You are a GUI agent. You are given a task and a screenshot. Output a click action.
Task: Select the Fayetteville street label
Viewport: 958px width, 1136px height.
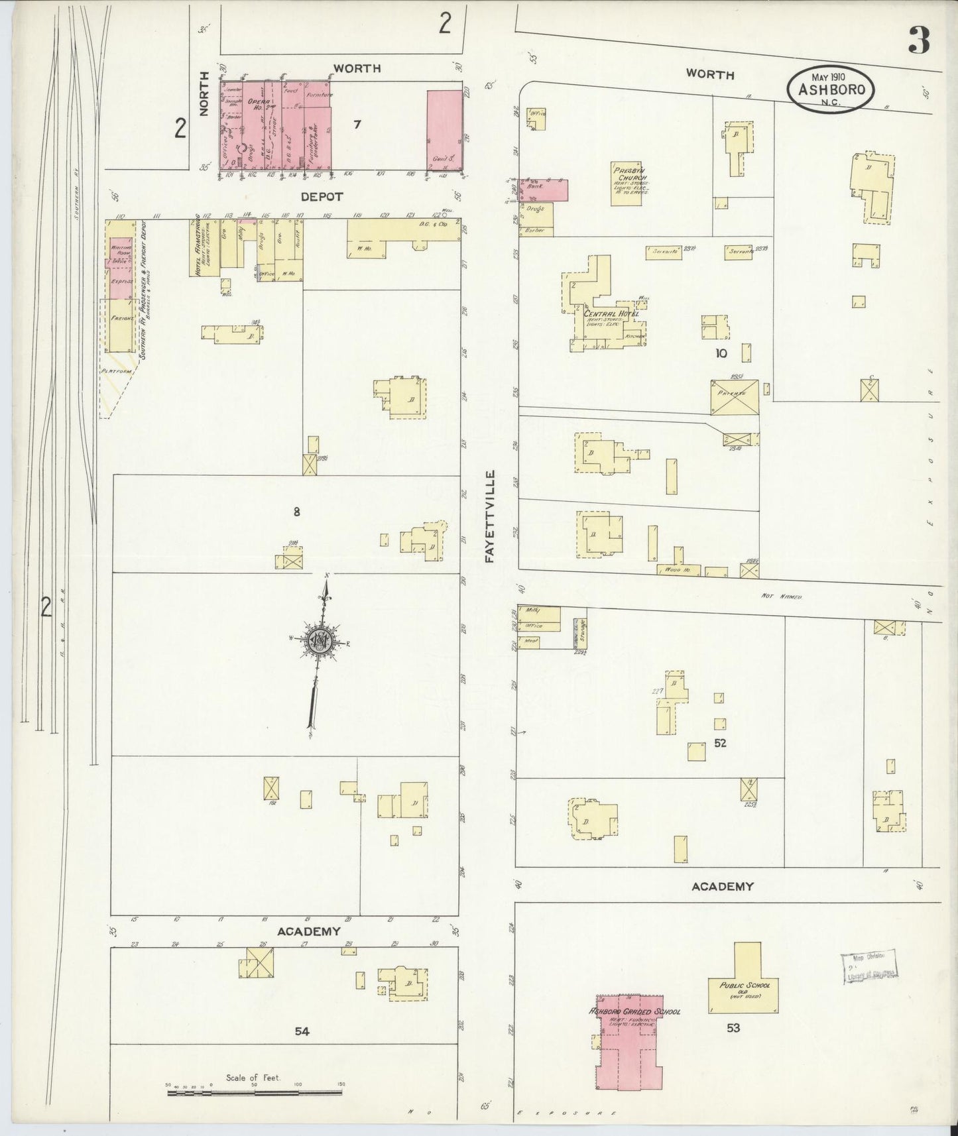[x=490, y=517]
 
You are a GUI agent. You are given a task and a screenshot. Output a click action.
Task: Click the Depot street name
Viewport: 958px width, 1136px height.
[x=322, y=196]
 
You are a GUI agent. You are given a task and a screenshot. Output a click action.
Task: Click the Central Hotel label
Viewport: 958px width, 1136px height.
[x=610, y=313]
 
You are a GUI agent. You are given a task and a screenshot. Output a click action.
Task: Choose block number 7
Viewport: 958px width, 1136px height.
[x=357, y=123]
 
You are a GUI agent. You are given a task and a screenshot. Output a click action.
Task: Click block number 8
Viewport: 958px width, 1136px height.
[x=296, y=511]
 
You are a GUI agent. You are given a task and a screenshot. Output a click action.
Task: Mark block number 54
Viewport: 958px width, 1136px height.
[x=302, y=1031]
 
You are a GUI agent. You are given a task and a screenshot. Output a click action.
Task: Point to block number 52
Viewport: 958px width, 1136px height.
[x=720, y=743]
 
